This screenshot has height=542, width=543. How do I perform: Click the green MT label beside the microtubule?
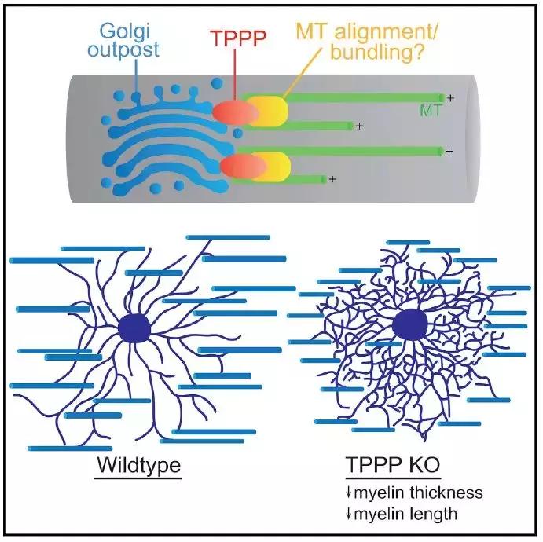coord(430,112)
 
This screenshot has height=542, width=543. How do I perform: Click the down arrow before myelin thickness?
coord(348,494)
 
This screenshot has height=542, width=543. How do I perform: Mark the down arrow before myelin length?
coord(348,515)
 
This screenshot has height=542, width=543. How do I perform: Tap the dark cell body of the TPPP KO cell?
coord(410,325)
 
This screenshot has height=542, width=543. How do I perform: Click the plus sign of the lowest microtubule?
coord(333,180)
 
